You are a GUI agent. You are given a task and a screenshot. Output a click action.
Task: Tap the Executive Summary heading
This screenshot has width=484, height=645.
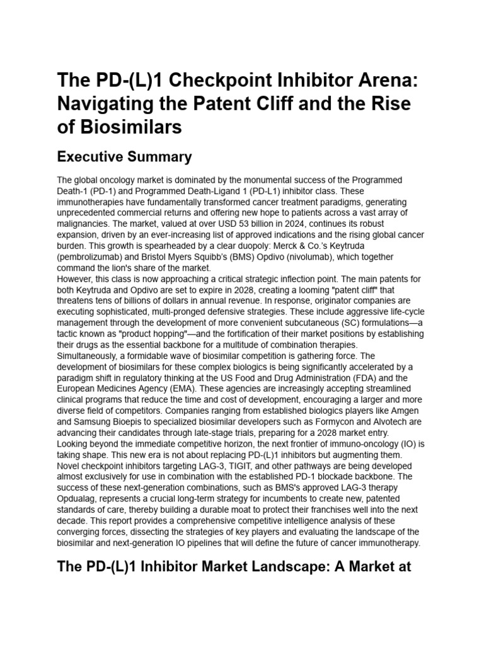(x=125, y=156)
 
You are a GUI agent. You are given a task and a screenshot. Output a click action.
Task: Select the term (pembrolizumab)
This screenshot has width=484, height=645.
(x=95, y=258)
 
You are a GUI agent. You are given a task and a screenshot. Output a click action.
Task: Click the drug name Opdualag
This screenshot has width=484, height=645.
(x=78, y=499)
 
